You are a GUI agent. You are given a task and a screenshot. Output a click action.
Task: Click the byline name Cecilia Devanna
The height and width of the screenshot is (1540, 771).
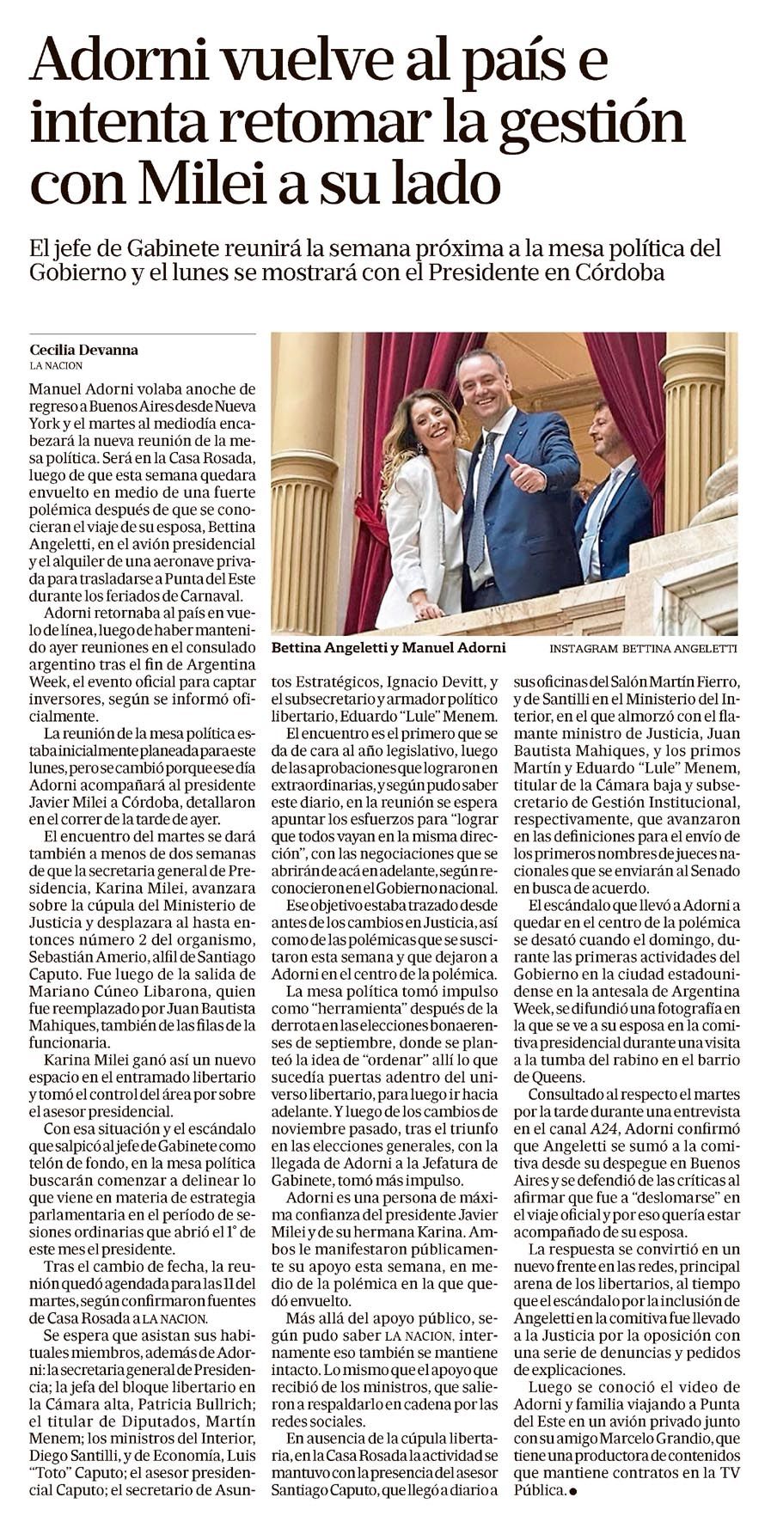pos(83,350)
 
